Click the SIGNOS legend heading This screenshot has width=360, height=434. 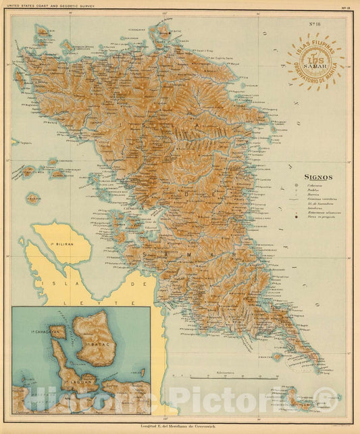click(317, 177)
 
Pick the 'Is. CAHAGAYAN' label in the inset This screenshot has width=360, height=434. click(49, 333)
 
